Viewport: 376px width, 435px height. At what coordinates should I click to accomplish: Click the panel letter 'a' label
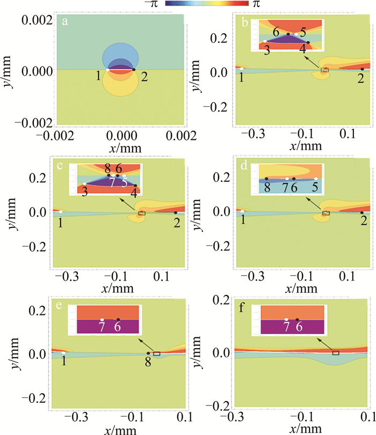64,22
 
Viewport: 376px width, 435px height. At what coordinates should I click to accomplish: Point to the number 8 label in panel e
148,363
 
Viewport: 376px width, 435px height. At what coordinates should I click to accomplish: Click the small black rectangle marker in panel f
335,352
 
